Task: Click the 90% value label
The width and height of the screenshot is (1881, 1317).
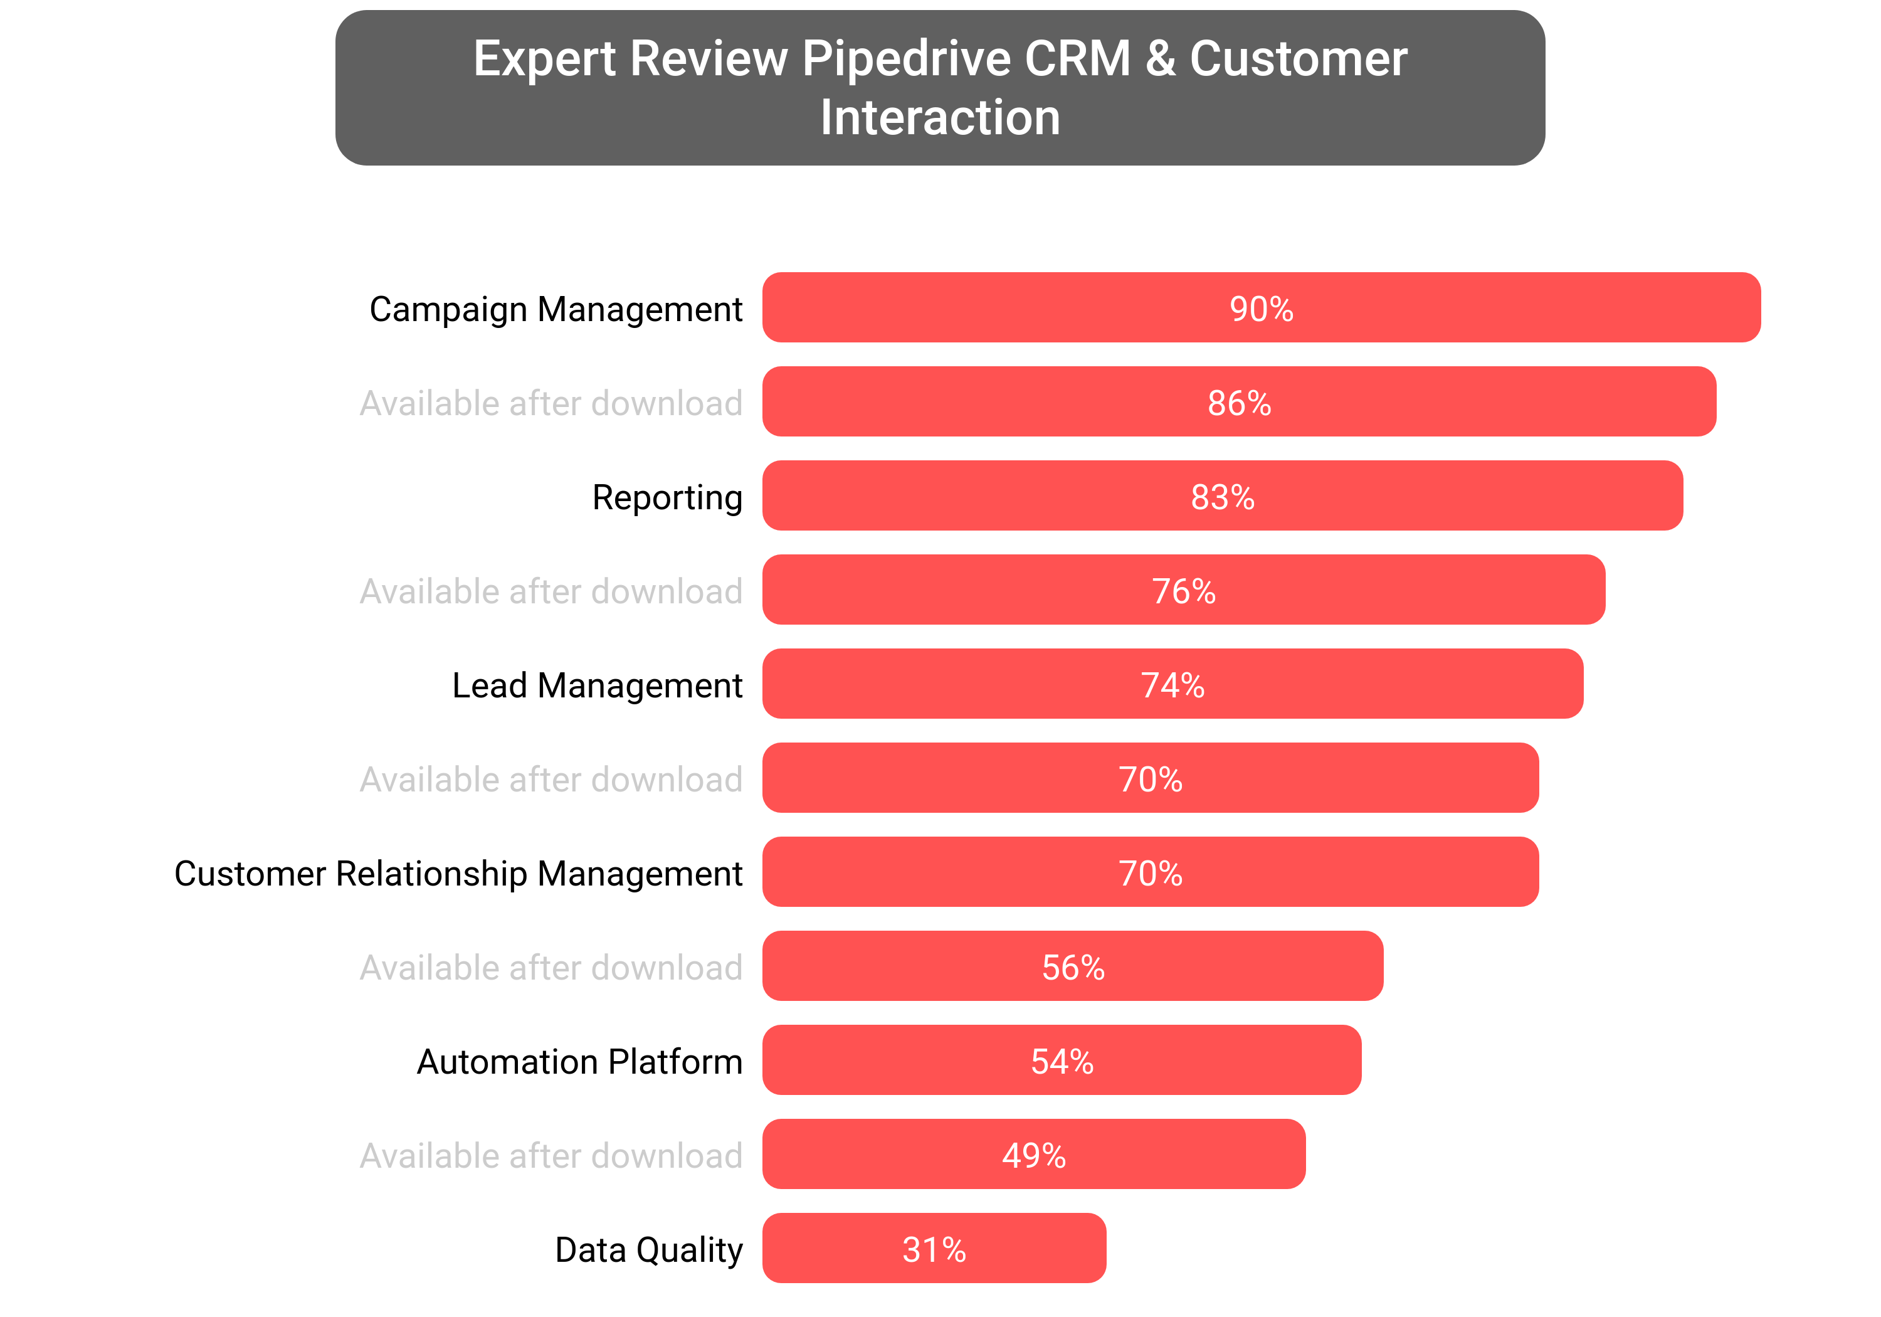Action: pos(1261,309)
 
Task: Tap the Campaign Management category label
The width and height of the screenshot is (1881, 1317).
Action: pos(556,309)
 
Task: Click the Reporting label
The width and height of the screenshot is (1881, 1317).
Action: pos(667,497)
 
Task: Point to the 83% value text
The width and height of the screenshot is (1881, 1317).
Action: pos(1222,497)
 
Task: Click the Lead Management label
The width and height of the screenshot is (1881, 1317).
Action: pos(598,685)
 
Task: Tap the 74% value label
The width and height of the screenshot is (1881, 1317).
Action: pos(1172,685)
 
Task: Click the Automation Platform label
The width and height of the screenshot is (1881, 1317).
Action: pos(579,1061)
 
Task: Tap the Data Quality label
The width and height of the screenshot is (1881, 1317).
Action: pos(648,1250)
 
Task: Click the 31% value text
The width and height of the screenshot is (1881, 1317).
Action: pos(934,1250)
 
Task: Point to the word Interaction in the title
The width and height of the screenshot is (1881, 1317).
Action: pos(940,117)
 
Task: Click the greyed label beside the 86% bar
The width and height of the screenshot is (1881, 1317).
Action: pos(551,403)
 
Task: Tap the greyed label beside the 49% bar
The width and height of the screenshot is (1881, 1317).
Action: pos(551,1156)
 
